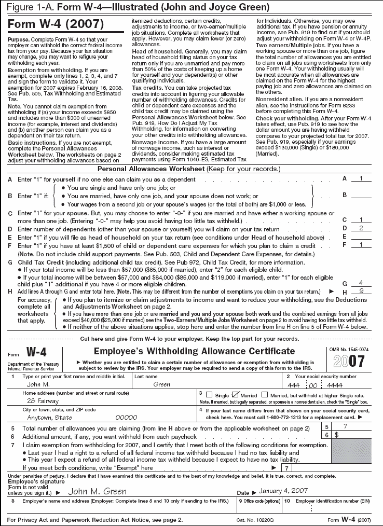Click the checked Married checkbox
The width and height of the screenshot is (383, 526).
235,395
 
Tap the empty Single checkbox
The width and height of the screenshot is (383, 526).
209,395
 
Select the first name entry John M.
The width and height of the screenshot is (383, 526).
38,384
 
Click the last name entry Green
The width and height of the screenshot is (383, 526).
162,384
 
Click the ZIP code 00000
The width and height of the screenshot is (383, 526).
126,417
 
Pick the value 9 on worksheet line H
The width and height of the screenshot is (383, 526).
363,291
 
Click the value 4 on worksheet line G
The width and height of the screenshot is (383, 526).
363,283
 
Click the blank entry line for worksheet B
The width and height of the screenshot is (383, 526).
362,196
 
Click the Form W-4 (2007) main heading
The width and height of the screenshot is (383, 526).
55,24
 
